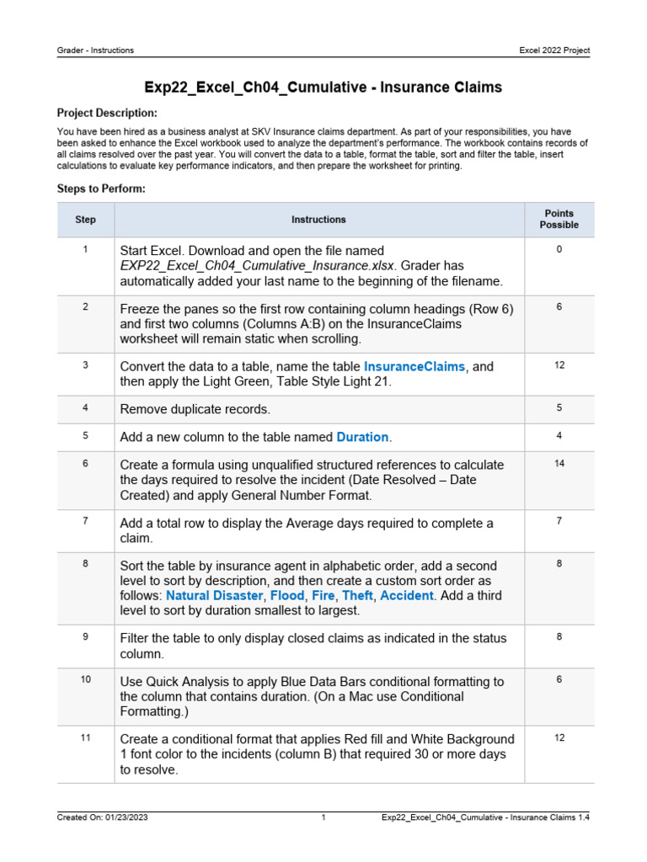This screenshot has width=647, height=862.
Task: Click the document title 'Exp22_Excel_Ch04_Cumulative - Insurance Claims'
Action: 323,88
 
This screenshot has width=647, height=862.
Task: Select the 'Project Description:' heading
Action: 106,113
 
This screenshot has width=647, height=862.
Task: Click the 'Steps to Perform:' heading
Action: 101,189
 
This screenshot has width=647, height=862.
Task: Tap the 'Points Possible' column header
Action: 559,220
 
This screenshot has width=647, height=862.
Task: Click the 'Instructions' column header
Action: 318,220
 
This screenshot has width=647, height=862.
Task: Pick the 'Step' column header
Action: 85,220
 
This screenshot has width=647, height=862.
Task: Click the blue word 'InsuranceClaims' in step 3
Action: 414,367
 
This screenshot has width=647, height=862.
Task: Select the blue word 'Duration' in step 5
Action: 362,437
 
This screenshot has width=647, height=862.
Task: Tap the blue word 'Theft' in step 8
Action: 357,596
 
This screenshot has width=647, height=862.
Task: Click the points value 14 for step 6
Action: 559,464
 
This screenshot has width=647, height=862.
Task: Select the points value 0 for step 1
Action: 559,250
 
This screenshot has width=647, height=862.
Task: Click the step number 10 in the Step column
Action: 85,679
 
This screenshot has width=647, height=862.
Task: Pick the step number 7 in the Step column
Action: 85,521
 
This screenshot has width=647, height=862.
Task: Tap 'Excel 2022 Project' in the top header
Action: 554,51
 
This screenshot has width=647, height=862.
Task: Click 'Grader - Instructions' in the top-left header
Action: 95,51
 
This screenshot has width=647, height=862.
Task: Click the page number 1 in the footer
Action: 323,817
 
